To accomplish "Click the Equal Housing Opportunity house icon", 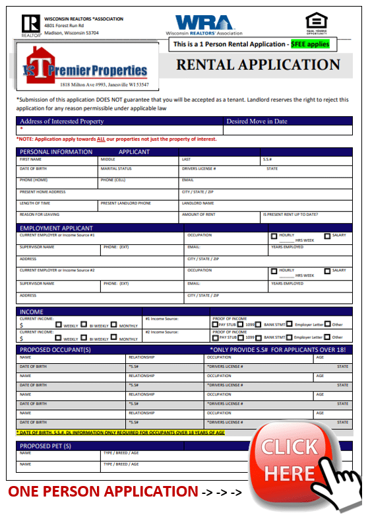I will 315,21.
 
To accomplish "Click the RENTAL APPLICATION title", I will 258,65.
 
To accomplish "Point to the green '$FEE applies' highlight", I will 309,44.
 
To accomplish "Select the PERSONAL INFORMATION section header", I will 56,152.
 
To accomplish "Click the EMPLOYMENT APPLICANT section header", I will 56,228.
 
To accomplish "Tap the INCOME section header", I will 31,312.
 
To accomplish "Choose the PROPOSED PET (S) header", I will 46,446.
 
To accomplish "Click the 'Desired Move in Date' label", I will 257,122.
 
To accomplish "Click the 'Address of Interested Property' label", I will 62,122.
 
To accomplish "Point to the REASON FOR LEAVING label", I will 39,214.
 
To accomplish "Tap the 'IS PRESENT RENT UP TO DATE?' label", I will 290,214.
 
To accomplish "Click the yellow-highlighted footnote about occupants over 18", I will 121,433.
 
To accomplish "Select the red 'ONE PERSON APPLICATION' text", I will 103,491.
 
